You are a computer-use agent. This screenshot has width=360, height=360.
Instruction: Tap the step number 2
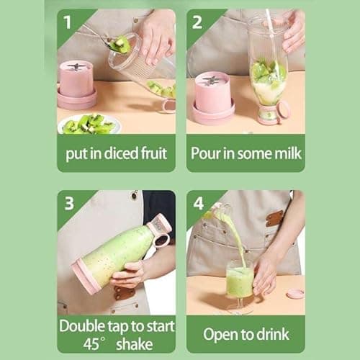tap(197, 21)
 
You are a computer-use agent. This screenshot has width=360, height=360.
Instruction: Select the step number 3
tap(69, 204)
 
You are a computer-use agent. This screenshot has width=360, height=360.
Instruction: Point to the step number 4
tap(198, 204)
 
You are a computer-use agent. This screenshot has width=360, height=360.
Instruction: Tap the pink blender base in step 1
tap(76, 85)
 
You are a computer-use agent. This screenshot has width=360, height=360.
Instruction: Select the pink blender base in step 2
tap(212, 96)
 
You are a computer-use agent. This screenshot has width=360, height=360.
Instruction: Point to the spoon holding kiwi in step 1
tap(119, 45)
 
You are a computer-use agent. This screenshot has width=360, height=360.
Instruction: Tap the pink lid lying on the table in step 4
tap(294, 294)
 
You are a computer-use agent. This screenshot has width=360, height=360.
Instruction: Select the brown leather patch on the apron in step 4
tap(275, 217)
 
